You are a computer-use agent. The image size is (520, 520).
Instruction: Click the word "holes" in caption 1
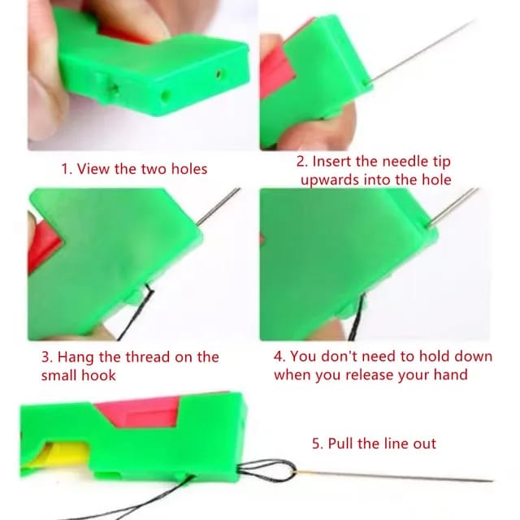pyautogui.click(x=188, y=169)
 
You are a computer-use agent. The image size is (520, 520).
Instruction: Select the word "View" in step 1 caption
pyautogui.click(x=95, y=169)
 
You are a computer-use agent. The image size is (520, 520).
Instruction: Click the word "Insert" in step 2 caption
pyautogui.click(x=332, y=162)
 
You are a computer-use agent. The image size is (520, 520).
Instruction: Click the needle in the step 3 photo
pyautogui.click(x=218, y=206)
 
